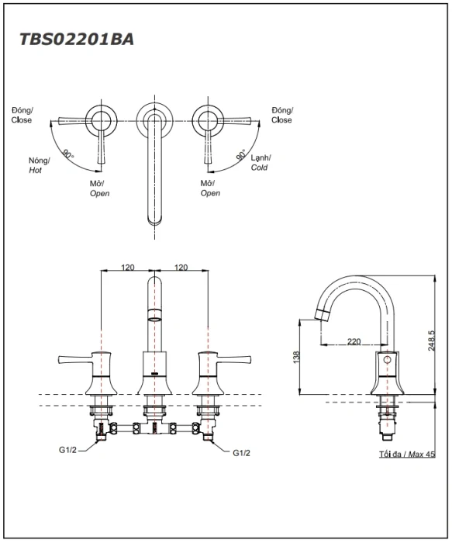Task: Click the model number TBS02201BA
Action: [77, 40]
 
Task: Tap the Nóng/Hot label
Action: [39, 165]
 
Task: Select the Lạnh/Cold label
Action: [261, 163]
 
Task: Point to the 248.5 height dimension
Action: [431, 341]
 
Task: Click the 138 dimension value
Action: [296, 358]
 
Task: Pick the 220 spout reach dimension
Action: [354, 342]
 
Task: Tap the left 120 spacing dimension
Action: [128, 268]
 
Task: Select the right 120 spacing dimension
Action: [181, 268]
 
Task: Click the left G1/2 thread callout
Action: [67, 450]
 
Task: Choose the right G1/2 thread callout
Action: [241, 452]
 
